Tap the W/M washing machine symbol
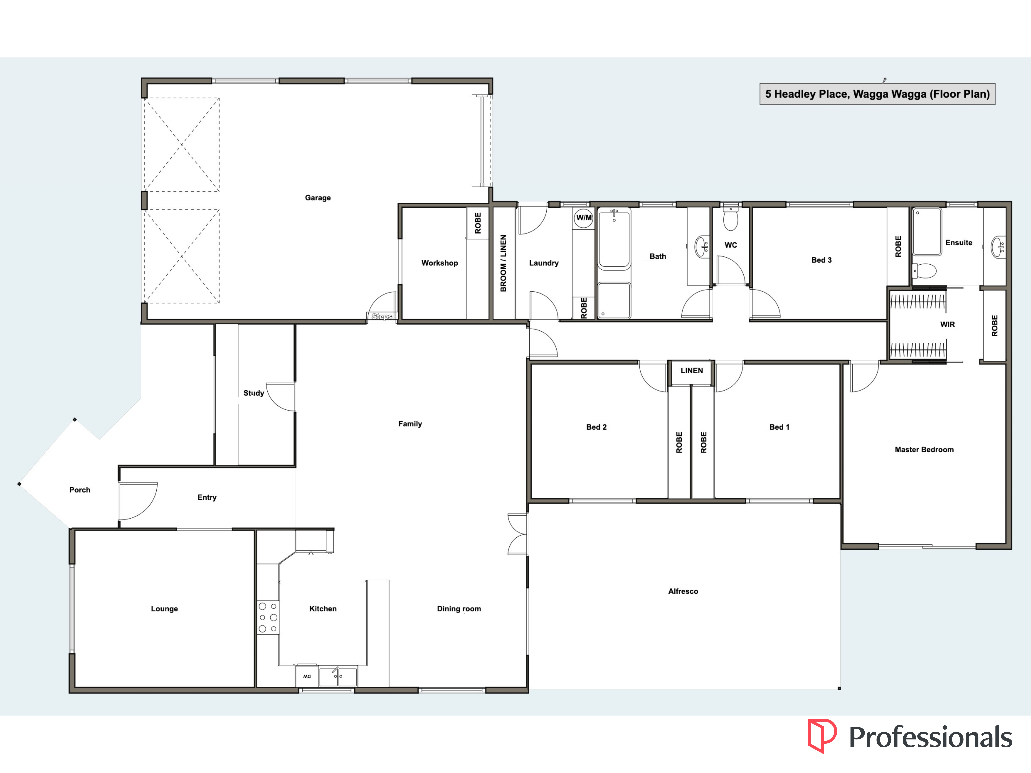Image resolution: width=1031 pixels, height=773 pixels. [x=583, y=218]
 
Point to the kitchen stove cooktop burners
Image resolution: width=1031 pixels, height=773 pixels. [x=268, y=617]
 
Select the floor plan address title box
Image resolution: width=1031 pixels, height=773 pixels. [x=877, y=94]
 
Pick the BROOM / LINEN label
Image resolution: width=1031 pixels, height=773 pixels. [x=503, y=263]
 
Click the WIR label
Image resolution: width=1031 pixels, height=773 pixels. [x=947, y=324]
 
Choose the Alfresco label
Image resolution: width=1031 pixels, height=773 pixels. [x=683, y=591]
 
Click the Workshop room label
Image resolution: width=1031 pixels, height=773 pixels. [x=439, y=263]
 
